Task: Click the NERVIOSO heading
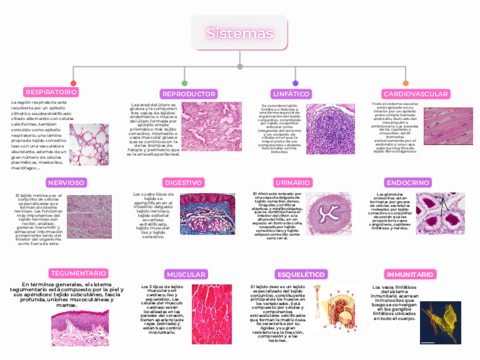64,183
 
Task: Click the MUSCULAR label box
186,273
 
